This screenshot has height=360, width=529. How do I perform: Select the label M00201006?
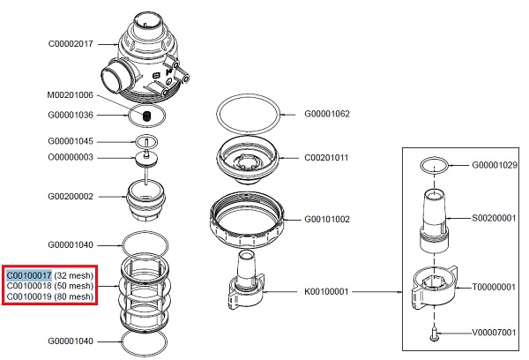click(x=71, y=94)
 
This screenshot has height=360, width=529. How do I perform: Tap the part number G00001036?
click(x=71, y=115)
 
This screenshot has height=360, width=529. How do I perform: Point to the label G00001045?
click(x=71, y=141)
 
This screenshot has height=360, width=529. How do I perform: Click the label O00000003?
click(x=71, y=157)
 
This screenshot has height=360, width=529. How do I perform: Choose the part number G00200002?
click(x=71, y=197)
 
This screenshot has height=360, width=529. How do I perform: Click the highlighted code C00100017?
click(x=29, y=275)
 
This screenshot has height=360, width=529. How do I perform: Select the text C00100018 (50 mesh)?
click(x=49, y=286)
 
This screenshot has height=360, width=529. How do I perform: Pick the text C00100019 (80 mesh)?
click(x=49, y=296)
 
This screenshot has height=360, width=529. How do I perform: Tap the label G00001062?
click(x=327, y=114)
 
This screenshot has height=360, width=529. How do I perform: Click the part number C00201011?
click(x=327, y=157)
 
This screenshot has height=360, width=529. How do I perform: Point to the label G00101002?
click(x=327, y=219)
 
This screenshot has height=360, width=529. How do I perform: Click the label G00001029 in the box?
click(x=498, y=165)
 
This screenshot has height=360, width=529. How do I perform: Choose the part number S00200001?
click(x=498, y=217)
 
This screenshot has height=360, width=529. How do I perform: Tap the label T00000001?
click(x=498, y=286)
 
